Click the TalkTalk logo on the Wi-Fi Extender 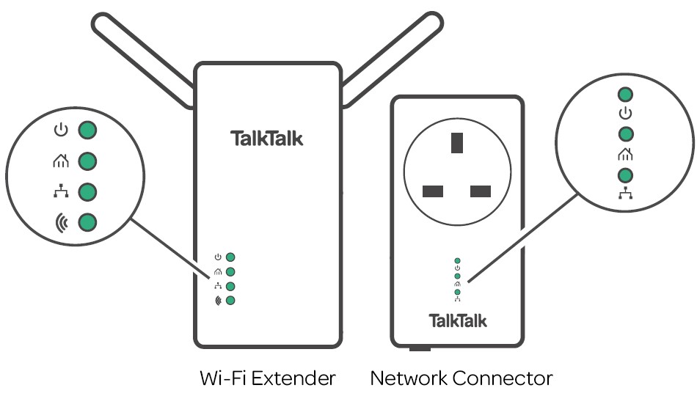click(x=266, y=139)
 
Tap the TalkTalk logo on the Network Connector click(x=457, y=320)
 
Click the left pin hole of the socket click(x=433, y=192)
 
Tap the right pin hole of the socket click(x=480, y=192)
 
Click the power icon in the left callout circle click(x=61, y=131)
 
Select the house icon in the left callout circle click(x=61, y=161)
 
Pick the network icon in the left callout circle click(x=61, y=191)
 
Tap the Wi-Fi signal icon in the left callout click(x=61, y=221)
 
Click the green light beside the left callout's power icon click(x=88, y=131)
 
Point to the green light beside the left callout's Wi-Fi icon click(x=88, y=221)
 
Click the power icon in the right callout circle click(x=625, y=114)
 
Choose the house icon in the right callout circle click(x=625, y=154)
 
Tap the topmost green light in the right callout click(x=625, y=95)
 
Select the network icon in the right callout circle click(x=625, y=194)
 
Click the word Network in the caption click(x=409, y=378)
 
